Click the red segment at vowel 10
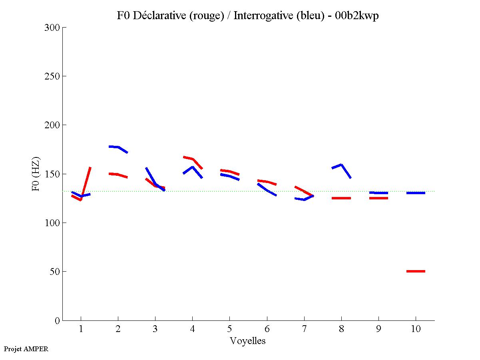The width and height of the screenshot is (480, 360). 416,271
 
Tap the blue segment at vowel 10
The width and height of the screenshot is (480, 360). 416,193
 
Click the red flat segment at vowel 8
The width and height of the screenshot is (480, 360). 341,198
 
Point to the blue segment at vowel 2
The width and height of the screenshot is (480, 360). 118,147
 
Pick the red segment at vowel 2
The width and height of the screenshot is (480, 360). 118,175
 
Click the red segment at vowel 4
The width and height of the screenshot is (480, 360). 193,159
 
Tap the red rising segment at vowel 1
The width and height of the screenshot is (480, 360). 86,184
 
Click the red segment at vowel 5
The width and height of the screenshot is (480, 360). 230,172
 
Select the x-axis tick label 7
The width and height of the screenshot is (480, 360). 304,329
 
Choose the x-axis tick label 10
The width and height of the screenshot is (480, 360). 416,329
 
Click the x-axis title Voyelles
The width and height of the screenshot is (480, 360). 248,341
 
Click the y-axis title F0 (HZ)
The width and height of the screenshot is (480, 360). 36,174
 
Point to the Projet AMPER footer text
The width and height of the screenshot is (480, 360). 26,349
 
